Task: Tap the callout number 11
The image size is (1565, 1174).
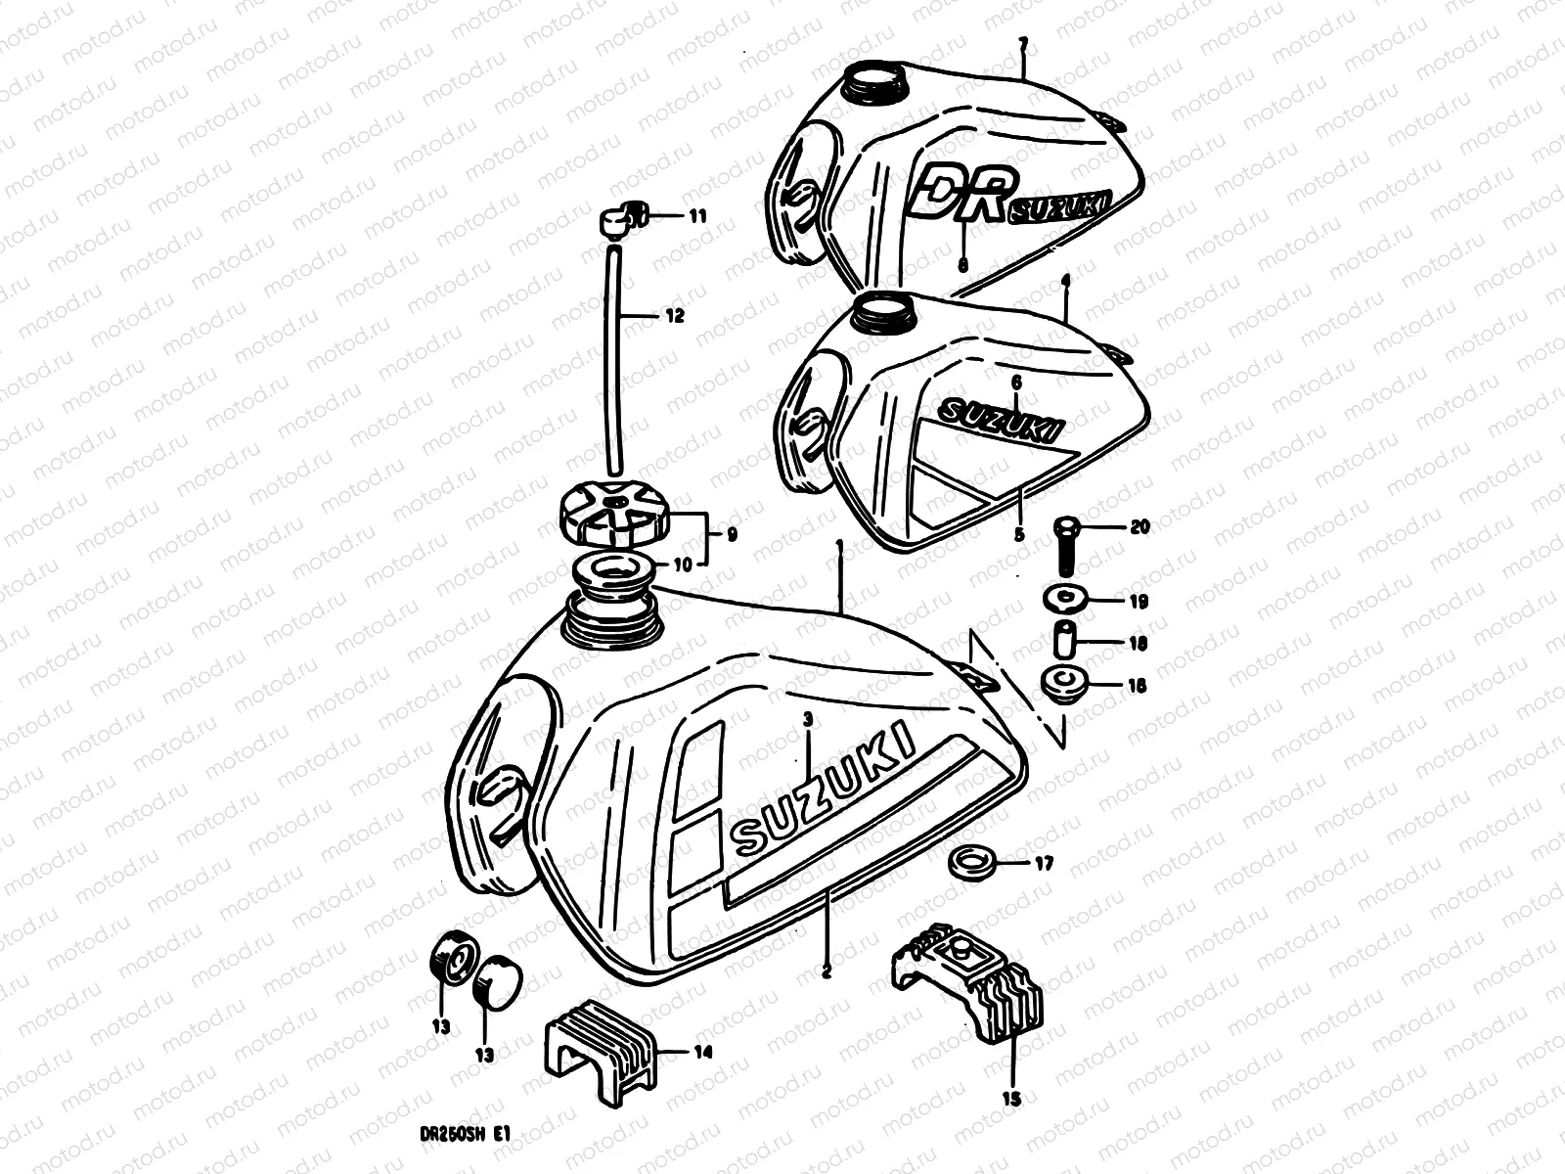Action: (696, 217)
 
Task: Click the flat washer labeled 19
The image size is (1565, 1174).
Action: (1063, 597)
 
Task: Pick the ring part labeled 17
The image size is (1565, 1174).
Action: (970, 862)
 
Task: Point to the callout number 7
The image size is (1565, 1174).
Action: (1022, 44)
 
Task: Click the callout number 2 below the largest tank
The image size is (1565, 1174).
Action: (827, 972)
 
